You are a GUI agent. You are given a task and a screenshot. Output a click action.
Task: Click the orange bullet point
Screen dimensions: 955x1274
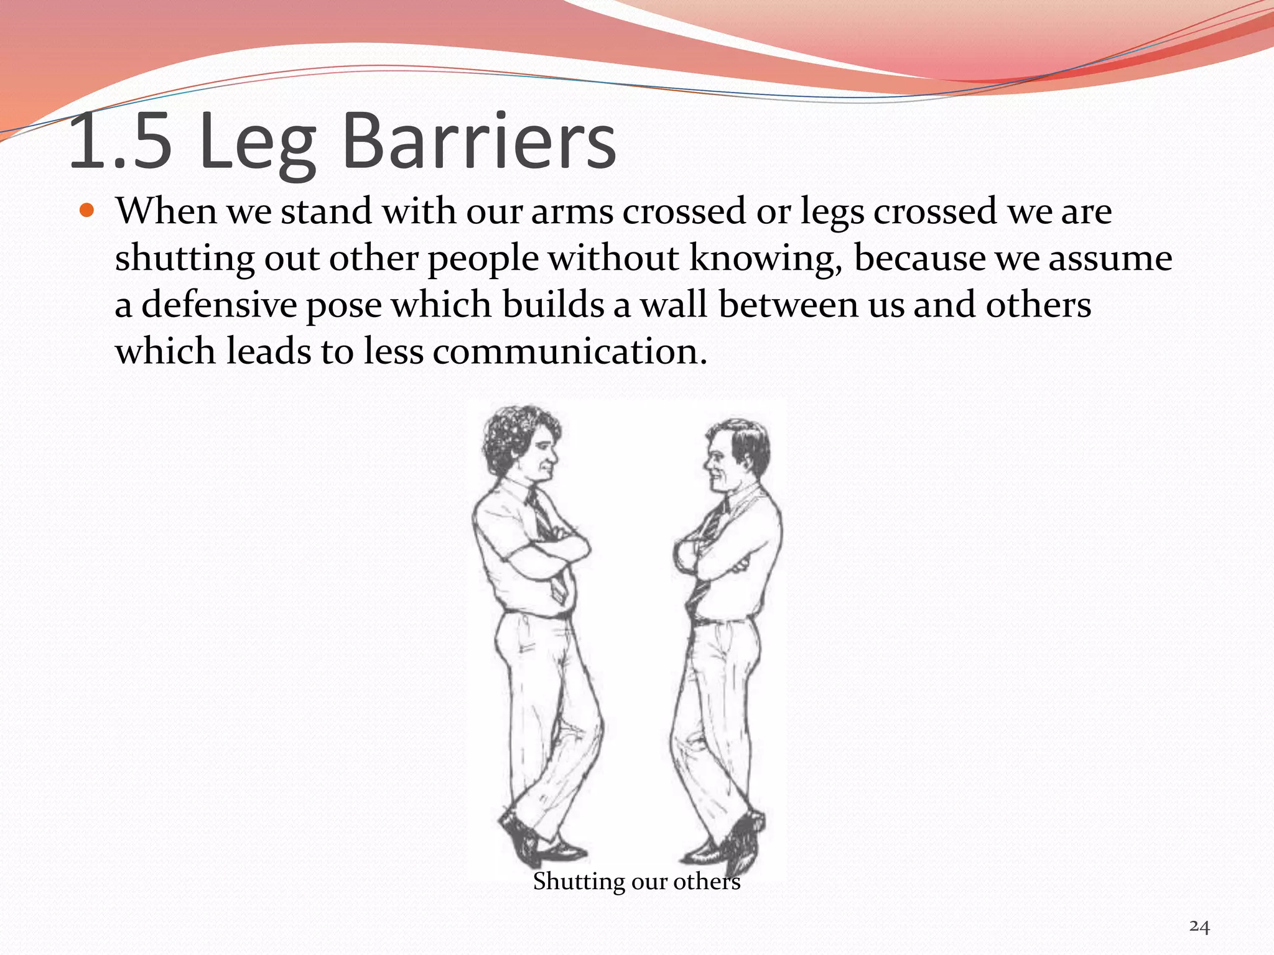[x=87, y=210]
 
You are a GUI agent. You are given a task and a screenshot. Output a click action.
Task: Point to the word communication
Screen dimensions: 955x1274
[x=570, y=351]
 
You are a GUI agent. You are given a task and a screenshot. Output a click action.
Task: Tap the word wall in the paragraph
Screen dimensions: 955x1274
[x=674, y=305]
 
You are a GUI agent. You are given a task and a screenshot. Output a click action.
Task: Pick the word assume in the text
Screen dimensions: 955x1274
[x=1110, y=259]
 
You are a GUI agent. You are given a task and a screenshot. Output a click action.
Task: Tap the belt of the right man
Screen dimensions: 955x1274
[x=722, y=620]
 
